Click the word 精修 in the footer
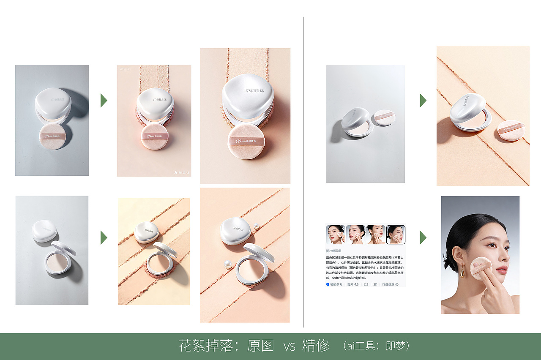pos(316,346)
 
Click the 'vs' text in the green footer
pos(290,347)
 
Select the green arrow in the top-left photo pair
pos(104,101)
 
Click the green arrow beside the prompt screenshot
pos(423,237)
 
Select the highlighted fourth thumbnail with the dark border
pos(396,235)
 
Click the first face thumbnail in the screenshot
pos(336,235)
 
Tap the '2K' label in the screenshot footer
pos(374,284)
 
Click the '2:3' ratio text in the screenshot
pos(366,284)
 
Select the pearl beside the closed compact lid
pos(256,226)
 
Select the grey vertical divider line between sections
pos(303,169)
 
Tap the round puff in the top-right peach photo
pos(511,130)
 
